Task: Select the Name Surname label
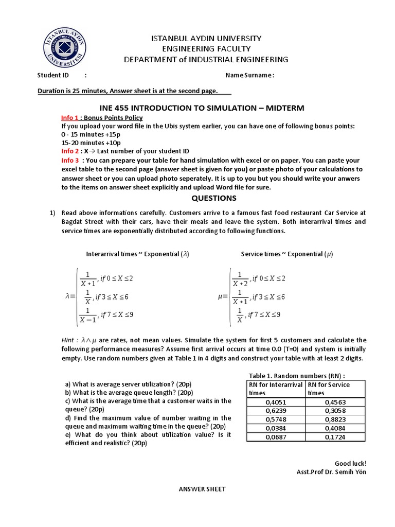[249, 75]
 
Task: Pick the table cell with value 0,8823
[335, 419]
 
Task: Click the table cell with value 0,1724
[335, 437]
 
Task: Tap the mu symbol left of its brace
[222, 296]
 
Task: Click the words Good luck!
[350, 463]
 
